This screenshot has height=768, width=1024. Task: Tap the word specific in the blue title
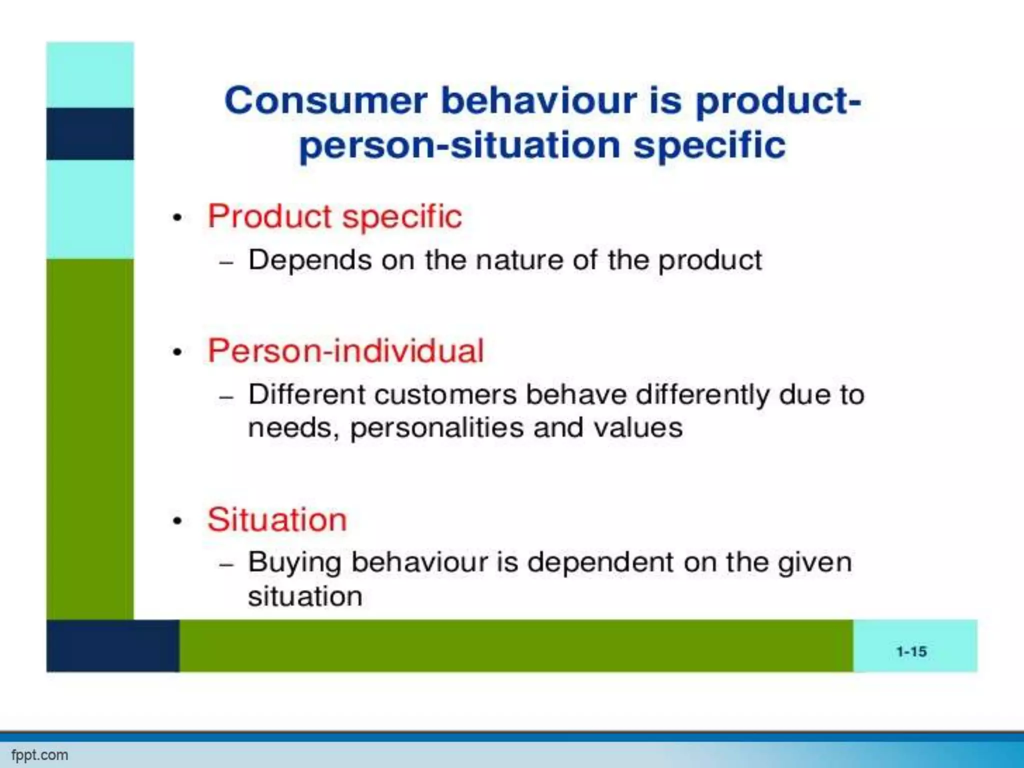click(x=709, y=145)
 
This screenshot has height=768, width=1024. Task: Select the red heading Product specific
click(x=334, y=216)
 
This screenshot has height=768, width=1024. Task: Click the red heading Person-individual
click(x=345, y=350)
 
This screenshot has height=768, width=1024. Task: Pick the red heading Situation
click(x=277, y=519)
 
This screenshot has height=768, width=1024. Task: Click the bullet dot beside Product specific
click(x=177, y=218)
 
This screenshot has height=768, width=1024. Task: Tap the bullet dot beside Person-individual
click(x=177, y=352)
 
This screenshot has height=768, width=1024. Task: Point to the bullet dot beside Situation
click(x=177, y=521)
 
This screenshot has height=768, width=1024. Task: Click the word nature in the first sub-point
click(x=519, y=260)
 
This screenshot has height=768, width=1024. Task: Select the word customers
click(x=445, y=394)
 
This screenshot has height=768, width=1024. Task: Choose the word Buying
click(x=295, y=562)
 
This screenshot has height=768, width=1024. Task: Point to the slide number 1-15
click(x=911, y=651)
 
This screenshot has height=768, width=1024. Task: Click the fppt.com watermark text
click(x=39, y=755)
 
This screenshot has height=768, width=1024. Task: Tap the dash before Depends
click(x=226, y=262)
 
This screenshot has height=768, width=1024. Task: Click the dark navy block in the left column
click(x=90, y=133)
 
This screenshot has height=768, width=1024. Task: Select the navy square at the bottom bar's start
click(x=112, y=645)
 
